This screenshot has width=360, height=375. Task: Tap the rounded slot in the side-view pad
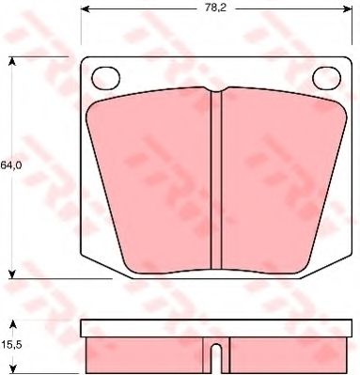pyautogui.click(x=214, y=358)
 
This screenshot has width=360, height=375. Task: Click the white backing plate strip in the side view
pyautogui.click(x=214, y=330)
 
